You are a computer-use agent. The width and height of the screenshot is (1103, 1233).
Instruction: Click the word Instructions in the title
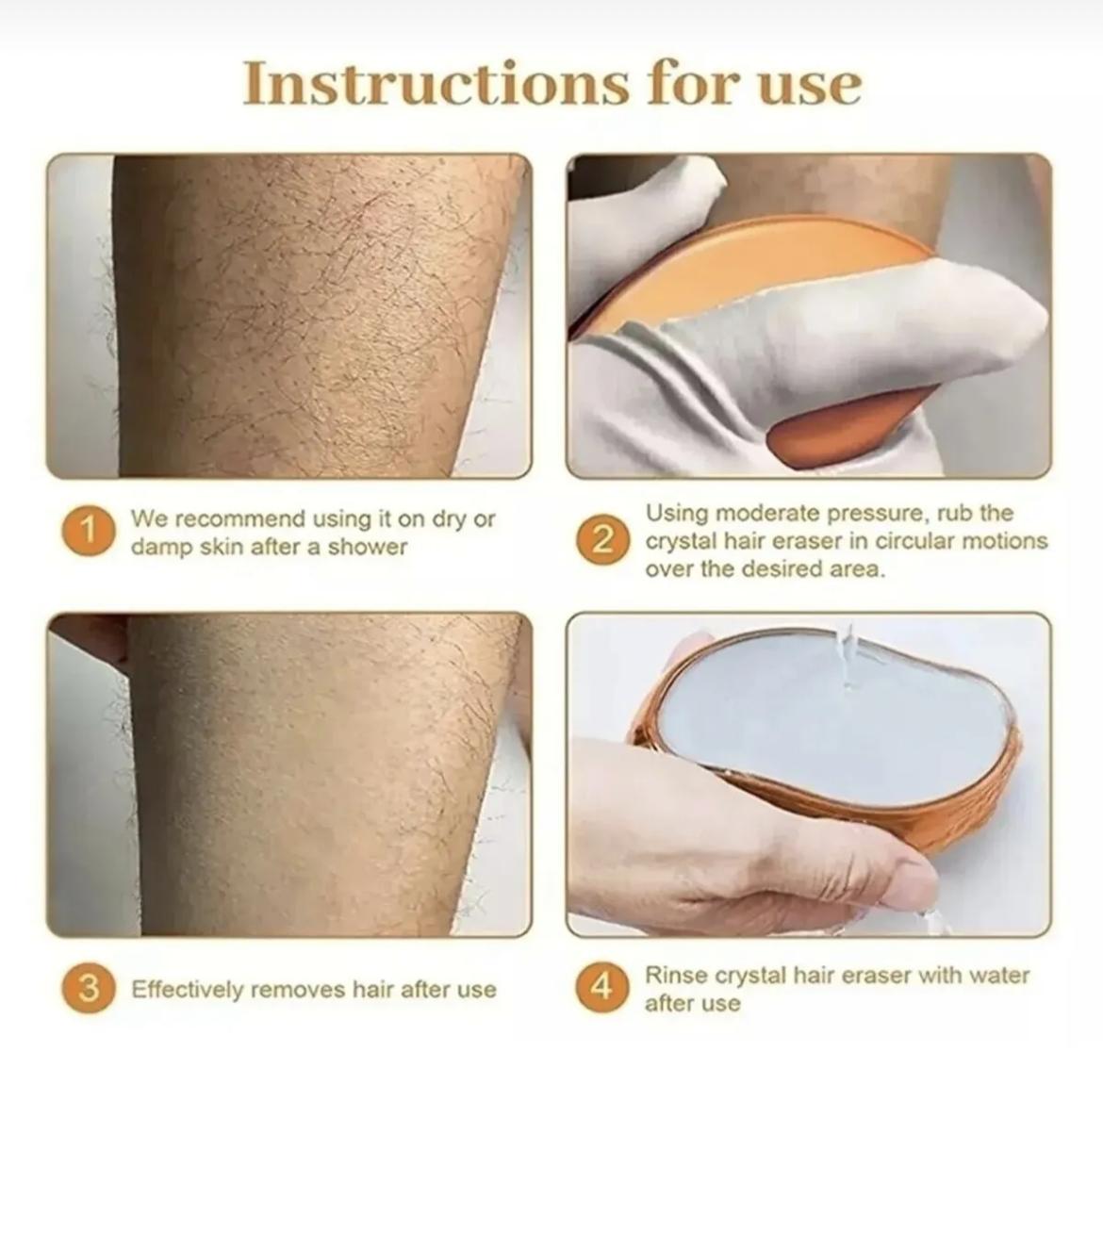pos(436,83)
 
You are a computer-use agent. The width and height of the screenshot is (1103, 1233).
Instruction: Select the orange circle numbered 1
pos(89,530)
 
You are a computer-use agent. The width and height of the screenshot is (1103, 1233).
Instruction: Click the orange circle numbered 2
pos(602,540)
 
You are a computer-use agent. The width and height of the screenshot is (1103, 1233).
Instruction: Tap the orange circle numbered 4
pos(602,987)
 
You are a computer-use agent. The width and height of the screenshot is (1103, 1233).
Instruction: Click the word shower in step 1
pos(367,547)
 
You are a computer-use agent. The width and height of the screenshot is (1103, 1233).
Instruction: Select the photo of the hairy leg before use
pos(289,316)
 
